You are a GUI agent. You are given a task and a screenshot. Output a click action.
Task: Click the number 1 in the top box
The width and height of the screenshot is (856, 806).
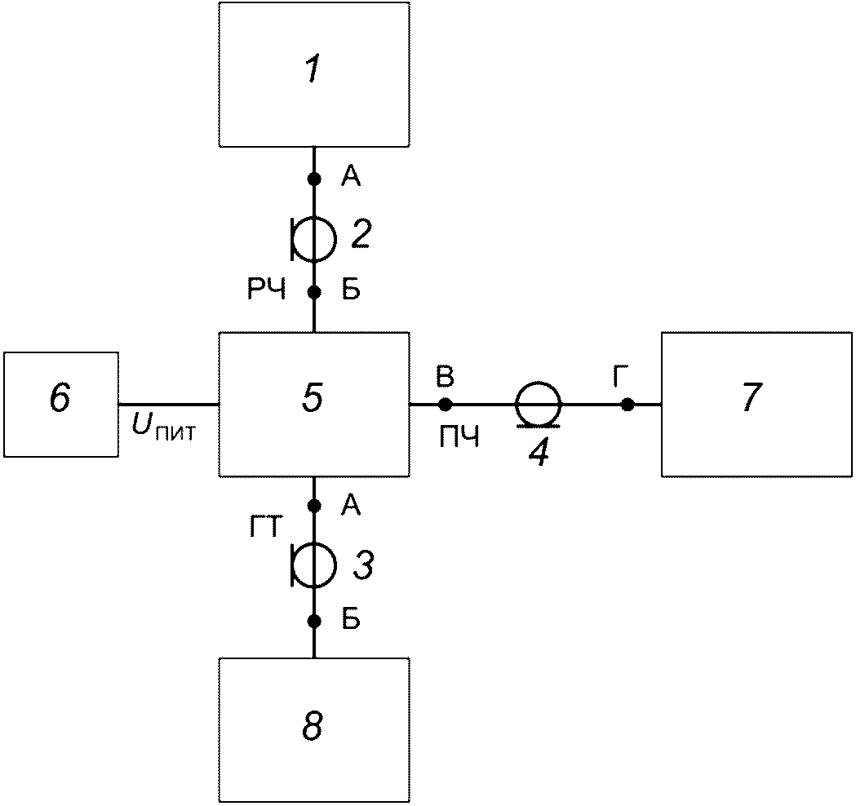click(313, 70)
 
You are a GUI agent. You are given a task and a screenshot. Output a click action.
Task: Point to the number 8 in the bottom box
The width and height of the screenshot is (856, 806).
click(313, 726)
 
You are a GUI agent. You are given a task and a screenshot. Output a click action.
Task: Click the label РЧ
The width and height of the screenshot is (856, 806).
click(267, 291)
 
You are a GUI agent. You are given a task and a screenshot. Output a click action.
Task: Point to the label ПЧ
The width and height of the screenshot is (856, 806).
click(459, 436)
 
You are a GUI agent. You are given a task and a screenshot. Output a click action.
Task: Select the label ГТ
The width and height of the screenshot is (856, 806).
click(266, 528)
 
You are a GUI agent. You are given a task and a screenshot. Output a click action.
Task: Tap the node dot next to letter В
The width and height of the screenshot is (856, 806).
click(446, 405)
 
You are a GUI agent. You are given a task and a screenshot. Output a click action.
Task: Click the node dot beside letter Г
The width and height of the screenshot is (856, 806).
click(628, 405)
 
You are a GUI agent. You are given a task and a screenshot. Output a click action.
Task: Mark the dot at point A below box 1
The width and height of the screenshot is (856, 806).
click(314, 179)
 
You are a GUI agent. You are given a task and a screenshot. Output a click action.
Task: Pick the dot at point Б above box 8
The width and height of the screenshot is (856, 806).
click(314, 621)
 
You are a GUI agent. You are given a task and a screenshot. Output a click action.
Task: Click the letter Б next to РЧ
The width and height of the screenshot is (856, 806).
click(351, 291)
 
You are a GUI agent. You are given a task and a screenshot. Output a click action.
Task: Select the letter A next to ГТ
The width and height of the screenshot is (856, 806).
click(351, 507)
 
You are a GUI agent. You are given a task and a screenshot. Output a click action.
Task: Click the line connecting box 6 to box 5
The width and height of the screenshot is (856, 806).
click(169, 405)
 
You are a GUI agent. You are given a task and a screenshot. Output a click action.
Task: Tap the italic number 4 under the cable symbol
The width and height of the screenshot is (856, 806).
click(539, 453)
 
